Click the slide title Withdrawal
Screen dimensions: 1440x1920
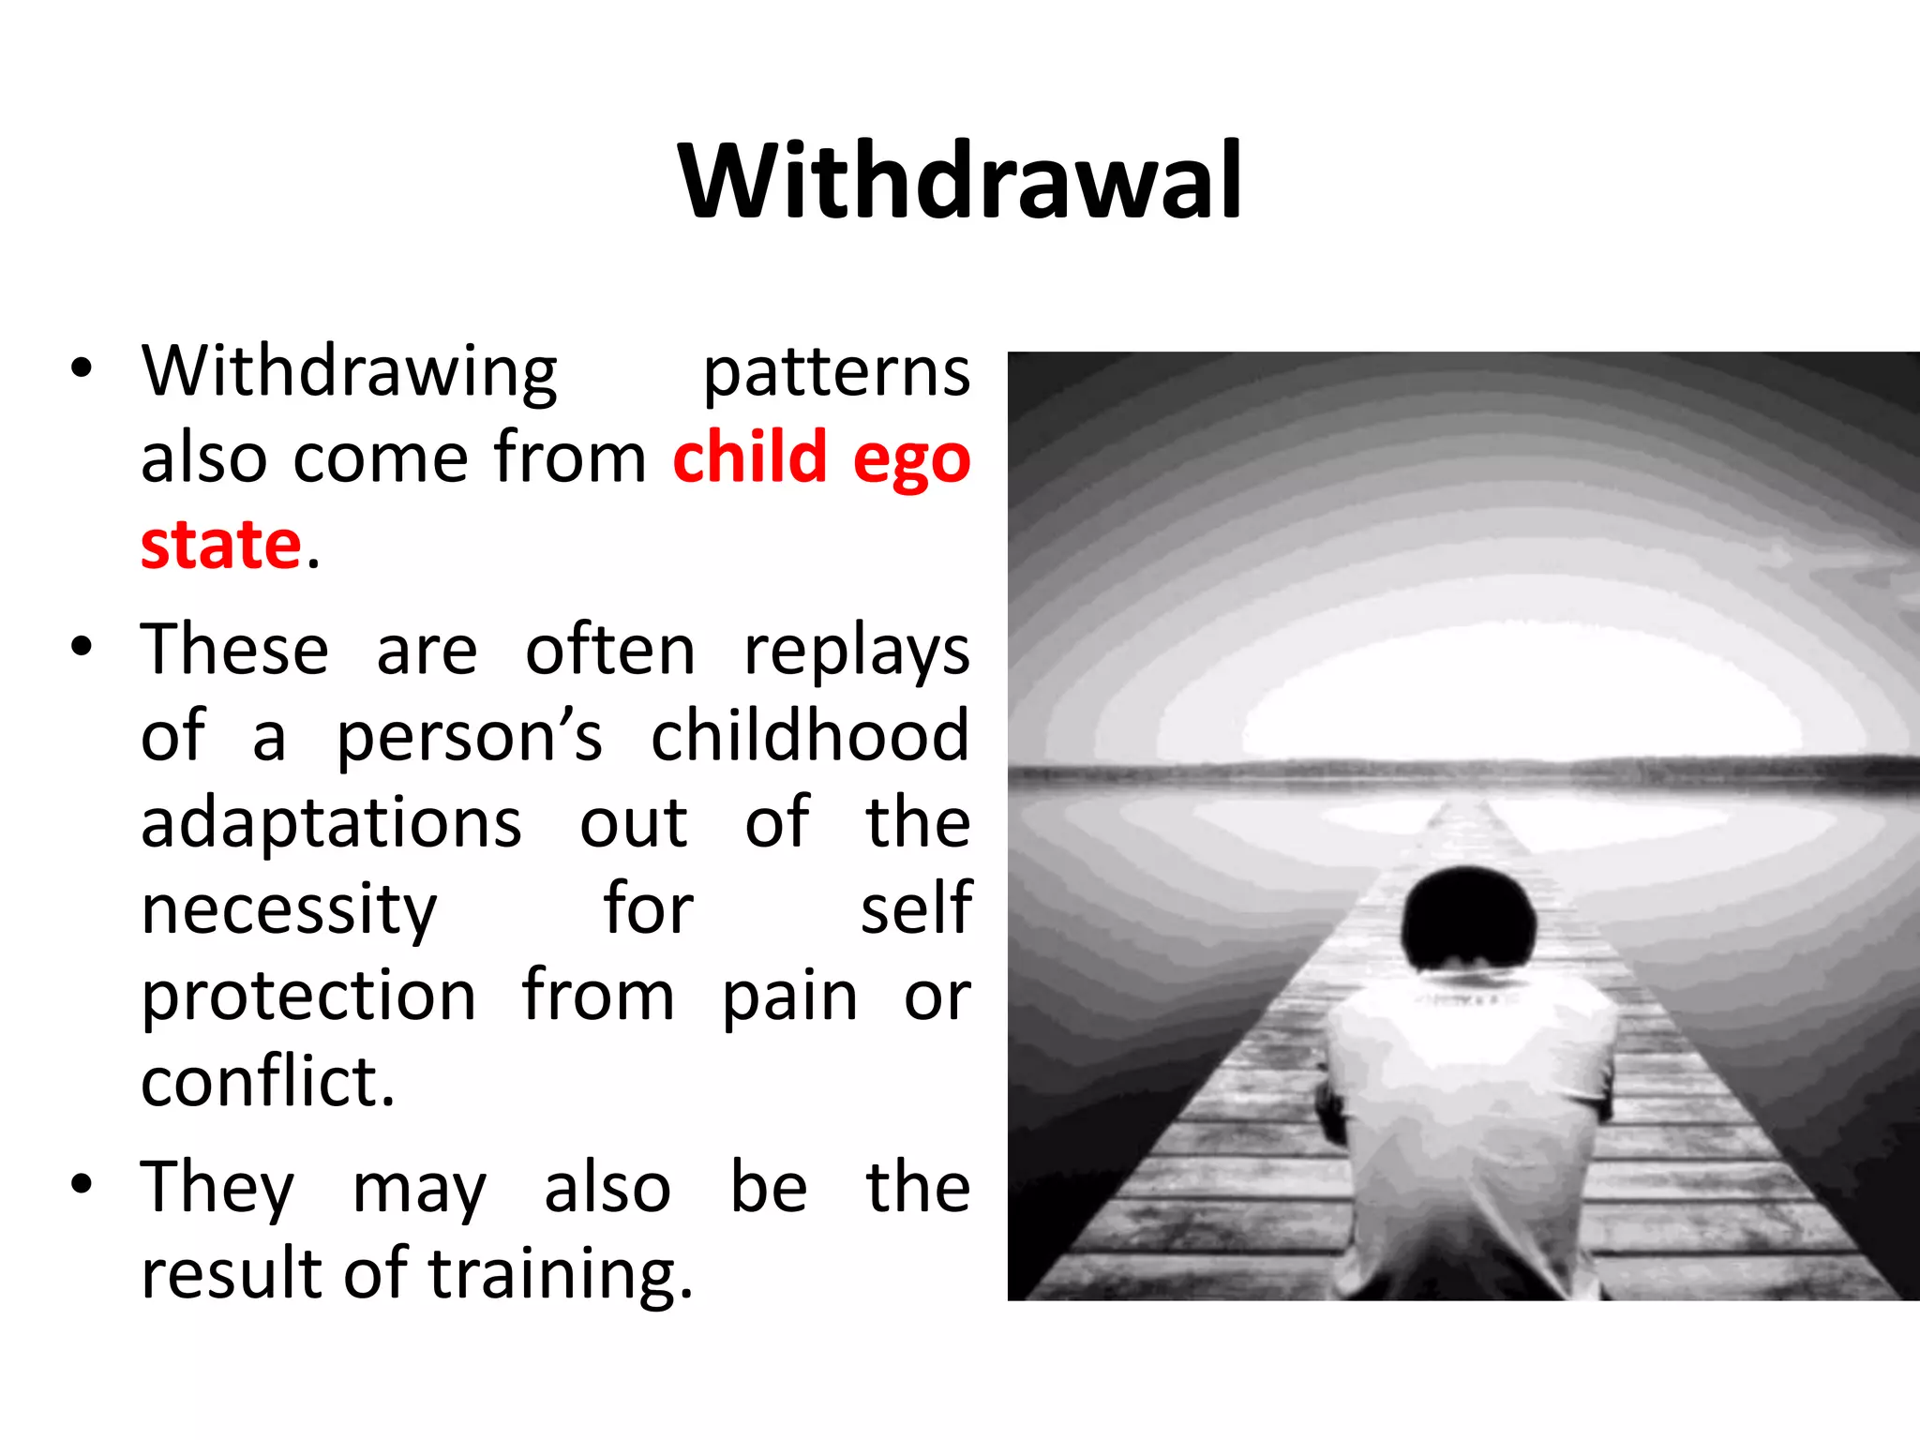(960, 181)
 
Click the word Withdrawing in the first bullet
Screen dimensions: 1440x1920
(350, 372)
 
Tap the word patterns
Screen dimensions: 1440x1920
(836, 372)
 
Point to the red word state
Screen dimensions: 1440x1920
(221, 545)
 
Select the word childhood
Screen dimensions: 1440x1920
(810, 736)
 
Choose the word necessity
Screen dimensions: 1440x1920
(289, 910)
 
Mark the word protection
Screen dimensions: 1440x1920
(308, 997)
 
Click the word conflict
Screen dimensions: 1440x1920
(267, 1082)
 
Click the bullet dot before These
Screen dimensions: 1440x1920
(82, 647)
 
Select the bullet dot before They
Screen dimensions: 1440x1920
(82, 1184)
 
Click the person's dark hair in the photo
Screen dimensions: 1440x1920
(1467, 919)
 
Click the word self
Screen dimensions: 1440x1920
(916, 908)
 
